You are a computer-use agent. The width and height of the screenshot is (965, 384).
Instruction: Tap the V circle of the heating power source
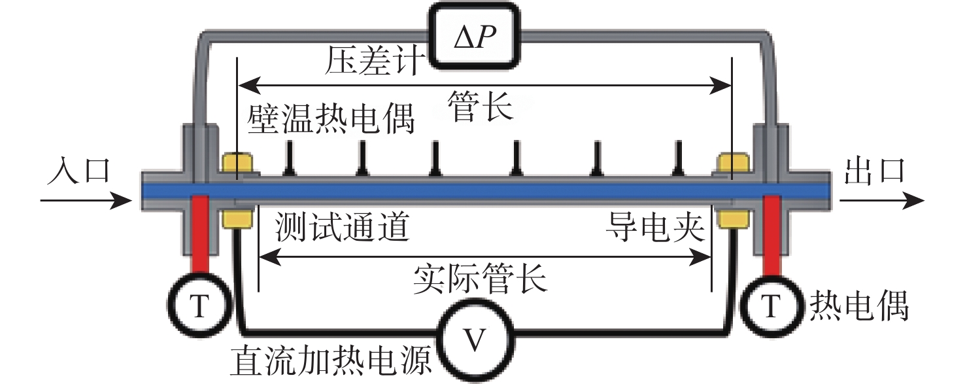(x=476, y=340)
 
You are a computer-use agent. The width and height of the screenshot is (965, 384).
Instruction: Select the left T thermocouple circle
(x=201, y=305)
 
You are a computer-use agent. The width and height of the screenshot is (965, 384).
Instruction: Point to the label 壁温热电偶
(x=331, y=119)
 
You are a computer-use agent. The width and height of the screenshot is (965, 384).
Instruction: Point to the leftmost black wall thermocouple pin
(x=288, y=161)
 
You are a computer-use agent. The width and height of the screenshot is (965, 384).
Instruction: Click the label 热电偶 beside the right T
(x=859, y=305)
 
